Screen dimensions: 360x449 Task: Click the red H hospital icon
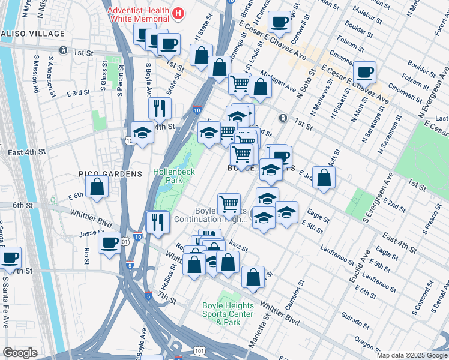178,13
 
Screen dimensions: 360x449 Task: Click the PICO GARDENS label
110,174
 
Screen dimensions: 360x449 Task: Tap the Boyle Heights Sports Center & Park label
228,314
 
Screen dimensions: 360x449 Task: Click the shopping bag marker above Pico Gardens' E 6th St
97,186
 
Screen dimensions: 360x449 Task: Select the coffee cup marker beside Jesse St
110,243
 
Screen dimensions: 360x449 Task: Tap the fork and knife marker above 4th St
160,108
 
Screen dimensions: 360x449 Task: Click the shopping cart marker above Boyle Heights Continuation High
229,205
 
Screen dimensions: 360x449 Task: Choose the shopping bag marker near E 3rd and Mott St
324,178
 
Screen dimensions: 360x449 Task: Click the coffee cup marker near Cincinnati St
364,73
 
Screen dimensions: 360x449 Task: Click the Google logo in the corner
20,353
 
